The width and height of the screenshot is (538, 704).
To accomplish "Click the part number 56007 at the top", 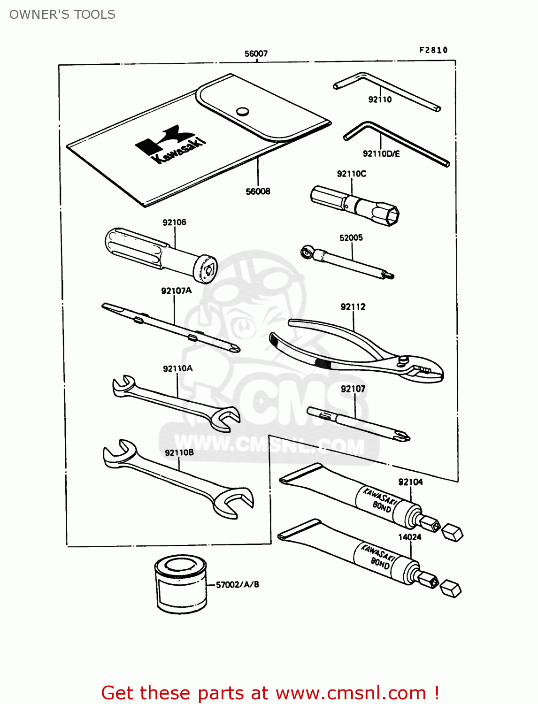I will (x=256, y=54).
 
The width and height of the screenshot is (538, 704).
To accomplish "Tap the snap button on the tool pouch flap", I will (x=242, y=111).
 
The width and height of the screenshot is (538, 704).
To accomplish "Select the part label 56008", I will (x=258, y=191).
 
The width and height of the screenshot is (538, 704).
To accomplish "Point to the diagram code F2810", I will (x=433, y=50).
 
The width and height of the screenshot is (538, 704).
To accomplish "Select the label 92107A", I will (x=176, y=291).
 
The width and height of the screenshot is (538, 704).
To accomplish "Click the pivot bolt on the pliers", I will (x=403, y=360).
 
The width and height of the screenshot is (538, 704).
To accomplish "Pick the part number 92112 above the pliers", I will (x=353, y=306).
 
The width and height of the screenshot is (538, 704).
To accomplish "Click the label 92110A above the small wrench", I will (x=177, y=368).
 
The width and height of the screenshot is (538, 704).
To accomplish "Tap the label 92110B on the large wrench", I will (x=179, y=452).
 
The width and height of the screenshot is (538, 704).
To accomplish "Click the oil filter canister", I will (x=181, y=584).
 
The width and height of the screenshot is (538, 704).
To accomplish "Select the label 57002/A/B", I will (x=237, y=584).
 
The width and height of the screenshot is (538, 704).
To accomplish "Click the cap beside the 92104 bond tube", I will (x=453, y=533).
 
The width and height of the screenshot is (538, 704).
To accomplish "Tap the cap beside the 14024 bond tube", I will (x=452, y=589).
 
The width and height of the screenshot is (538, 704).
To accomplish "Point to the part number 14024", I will (x=409, y=537).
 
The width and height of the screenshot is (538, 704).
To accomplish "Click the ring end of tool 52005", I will (x=307, y=253).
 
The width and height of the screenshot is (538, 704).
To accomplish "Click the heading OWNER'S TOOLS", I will (x=62, y=15).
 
